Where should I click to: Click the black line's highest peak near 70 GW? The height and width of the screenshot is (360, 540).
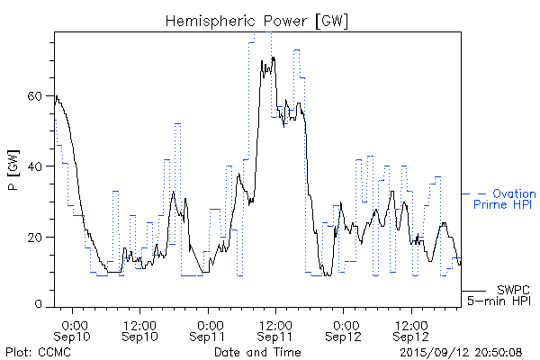click(x=272, y=58)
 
